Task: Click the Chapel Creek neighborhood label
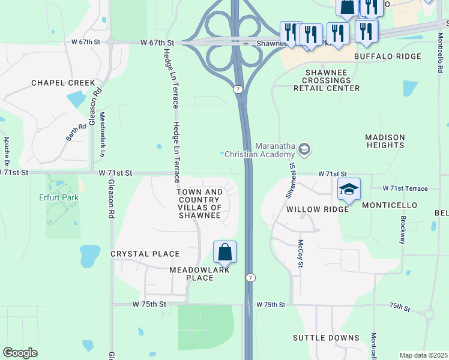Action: pyautogui.click(x=63, y=83)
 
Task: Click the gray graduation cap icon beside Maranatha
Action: pyautogui.click(x=304, y=148)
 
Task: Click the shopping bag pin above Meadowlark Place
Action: pyautogui.click(x=224, y=252)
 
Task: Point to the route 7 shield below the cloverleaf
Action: pyautogui.click(x=238, y=89)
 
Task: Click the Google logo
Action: pyautogui.click(x=20, y=352)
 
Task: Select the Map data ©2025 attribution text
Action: pyautogui.click(x=423, y=355)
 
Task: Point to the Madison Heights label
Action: pyautogui.click(x=385, y=141)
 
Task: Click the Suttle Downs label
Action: pyautogui.click(x=326, y=338)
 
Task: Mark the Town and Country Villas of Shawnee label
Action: pyautogui.click(x=200, y=203)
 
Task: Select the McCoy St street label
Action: pyautogui.click(x=301, y=253)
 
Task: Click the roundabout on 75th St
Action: pyautogui.click(x=429, y=314)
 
